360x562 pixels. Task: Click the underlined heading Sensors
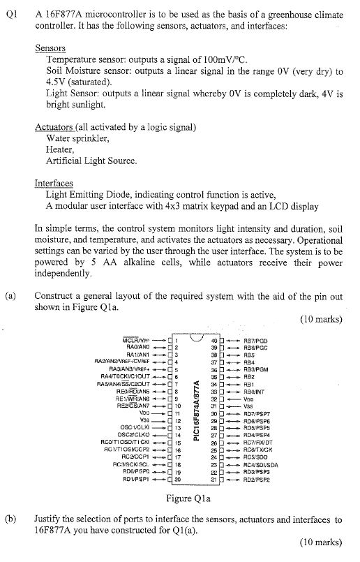click(x=50, y=48)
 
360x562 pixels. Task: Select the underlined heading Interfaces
click(x=54, y=183)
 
